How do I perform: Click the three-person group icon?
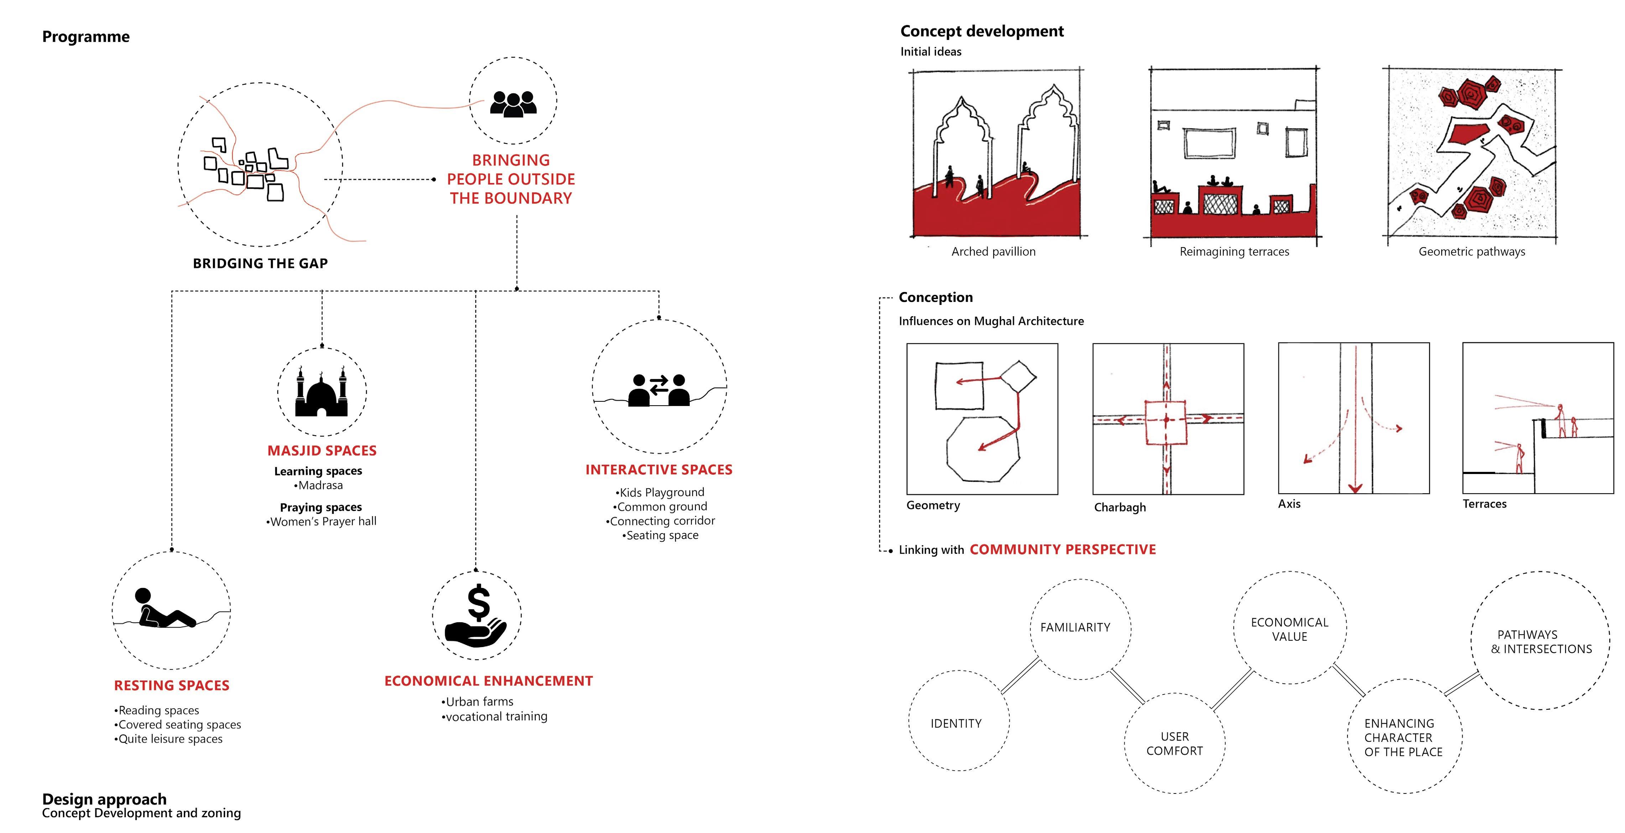[x=513, y=104]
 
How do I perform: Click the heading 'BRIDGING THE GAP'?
[x=261, y=263]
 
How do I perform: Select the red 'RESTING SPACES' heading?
[x=172, y=685]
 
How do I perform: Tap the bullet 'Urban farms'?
[x=478, y=702]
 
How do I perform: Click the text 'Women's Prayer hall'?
[x=321, y=521]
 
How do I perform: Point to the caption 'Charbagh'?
[x=1120, y=507]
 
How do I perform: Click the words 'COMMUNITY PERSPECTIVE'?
[x=1063, y=550]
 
